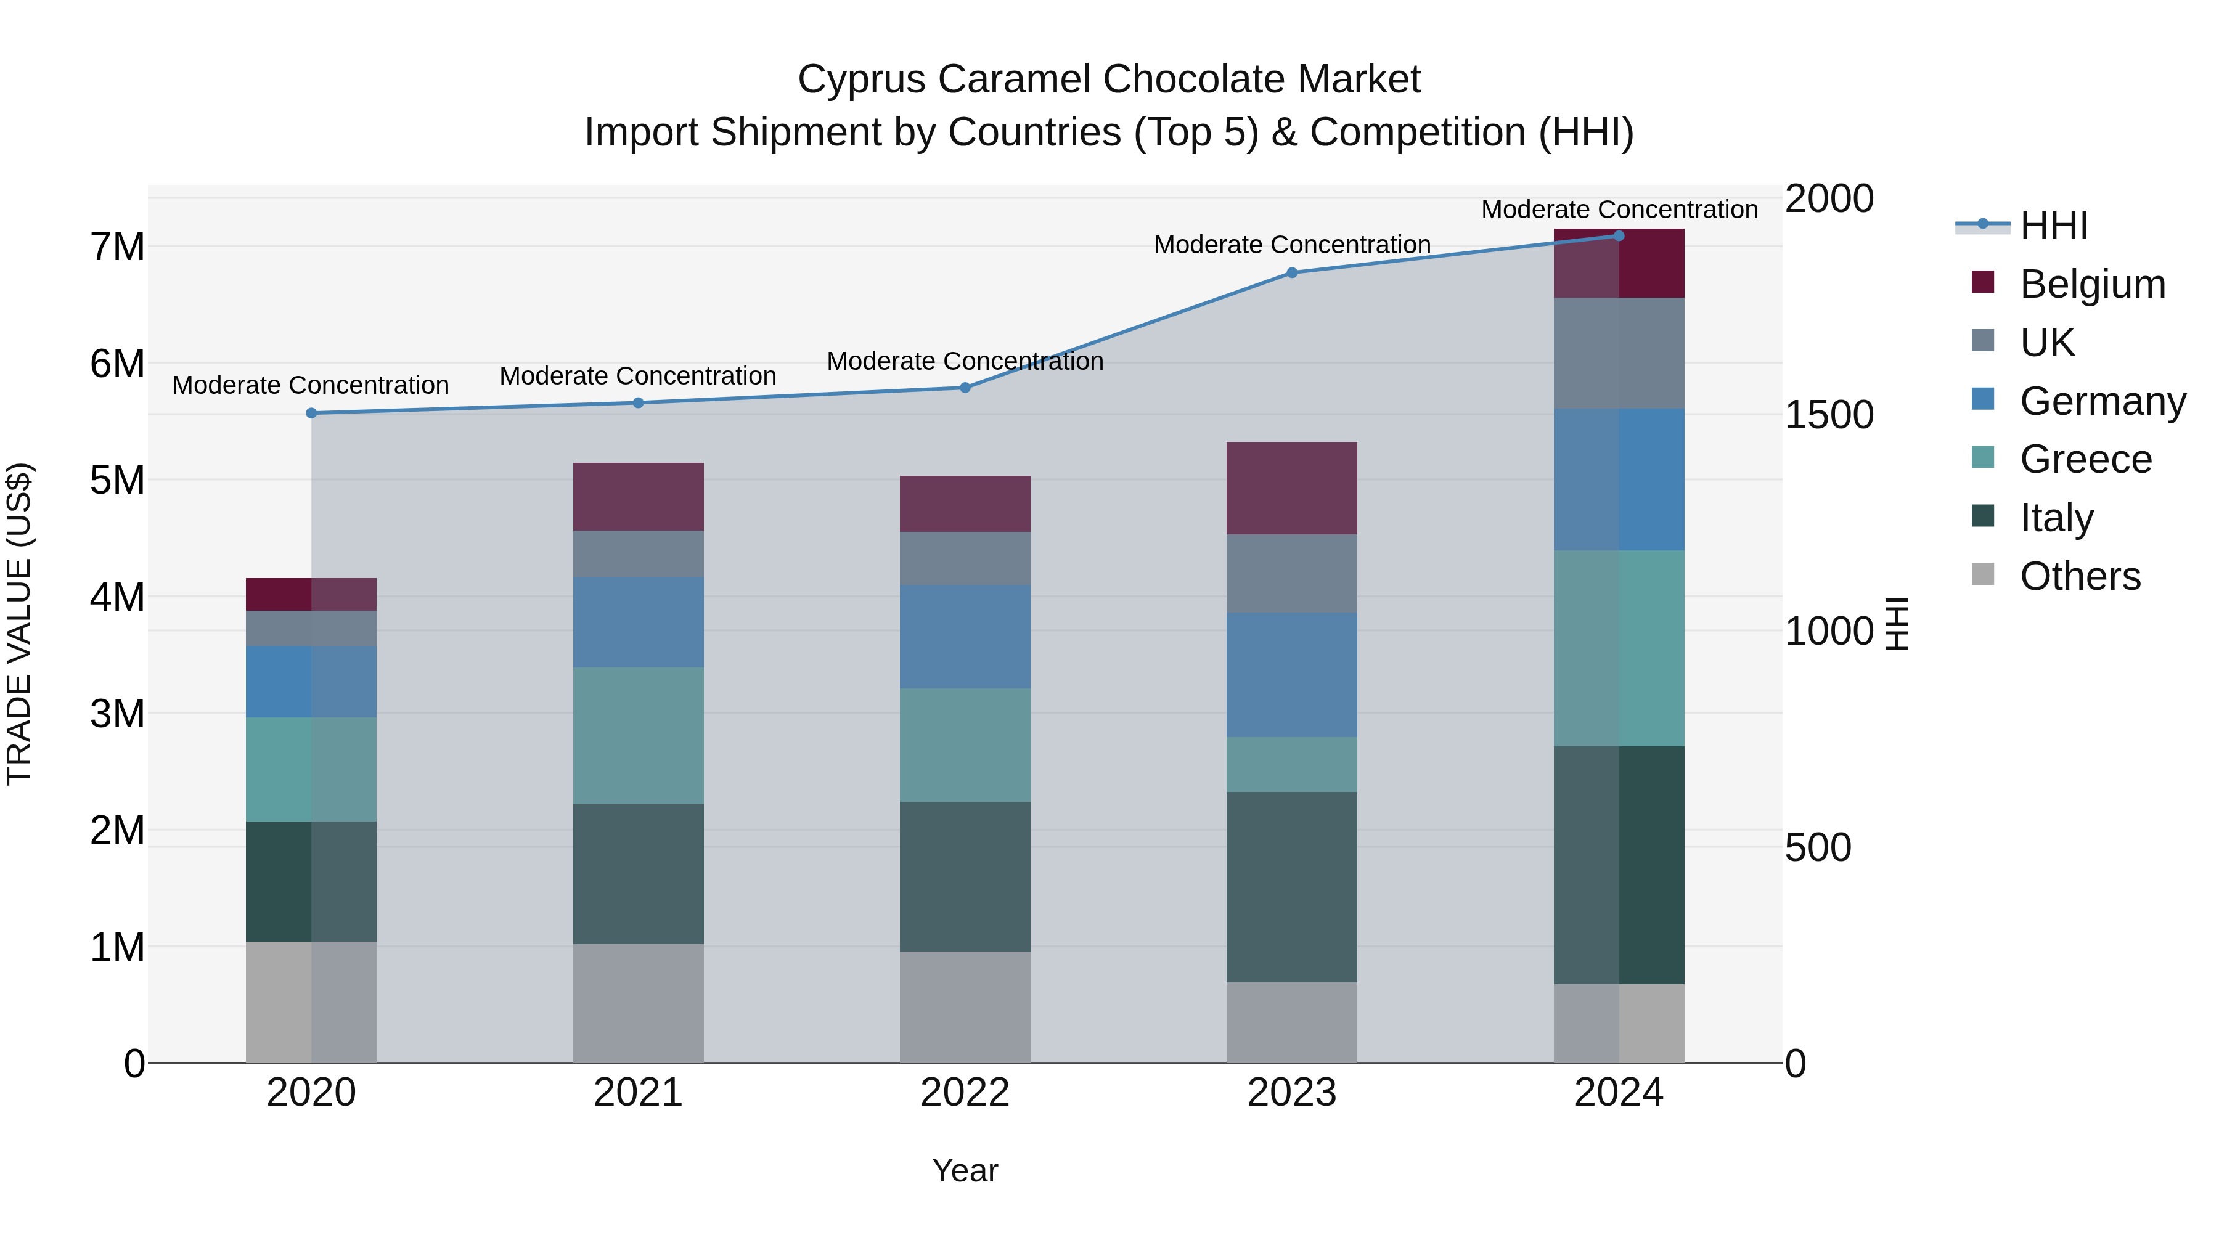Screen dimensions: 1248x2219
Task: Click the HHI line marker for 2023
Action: [x=1291, y=273]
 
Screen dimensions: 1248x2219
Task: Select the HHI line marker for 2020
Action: [x=312, y=414]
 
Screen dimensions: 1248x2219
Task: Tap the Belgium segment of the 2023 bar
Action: [x=1291, y=488]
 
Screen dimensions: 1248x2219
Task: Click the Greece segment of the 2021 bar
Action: [x=639, y=735]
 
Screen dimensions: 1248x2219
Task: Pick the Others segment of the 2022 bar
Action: [x=965, y=1007]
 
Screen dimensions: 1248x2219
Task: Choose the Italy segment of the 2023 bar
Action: [x=1291, y=887]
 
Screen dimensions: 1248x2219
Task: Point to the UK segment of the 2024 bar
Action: [x=1619, y=353]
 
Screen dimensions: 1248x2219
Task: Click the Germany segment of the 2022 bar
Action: [x=965, y=637]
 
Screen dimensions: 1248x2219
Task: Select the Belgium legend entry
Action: [x=2091, y=284]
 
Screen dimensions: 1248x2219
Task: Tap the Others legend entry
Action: [x=2080, y=576]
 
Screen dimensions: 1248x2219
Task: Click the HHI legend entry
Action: [x=2054, y=226]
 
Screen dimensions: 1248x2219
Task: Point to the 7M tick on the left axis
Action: [x=118, y=247]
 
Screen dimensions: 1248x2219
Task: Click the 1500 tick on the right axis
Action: [x=1828, y=415]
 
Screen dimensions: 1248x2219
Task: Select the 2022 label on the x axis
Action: [x=965, y=1093]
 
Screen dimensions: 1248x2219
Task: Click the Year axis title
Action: [x=965, y=1170]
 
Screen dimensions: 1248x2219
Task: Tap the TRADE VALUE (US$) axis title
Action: [x=19, y=624]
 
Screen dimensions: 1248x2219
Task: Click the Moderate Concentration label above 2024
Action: [x=1619, y=210]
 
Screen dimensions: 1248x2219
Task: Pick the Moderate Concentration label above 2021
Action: [x=639, y=377]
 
